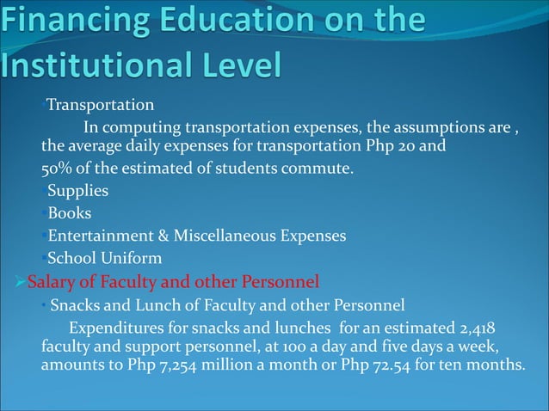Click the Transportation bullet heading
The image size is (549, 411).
100,106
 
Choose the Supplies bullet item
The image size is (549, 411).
77,190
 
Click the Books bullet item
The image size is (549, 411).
69,212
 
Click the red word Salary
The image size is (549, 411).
52,280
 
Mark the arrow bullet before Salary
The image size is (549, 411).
21,280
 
